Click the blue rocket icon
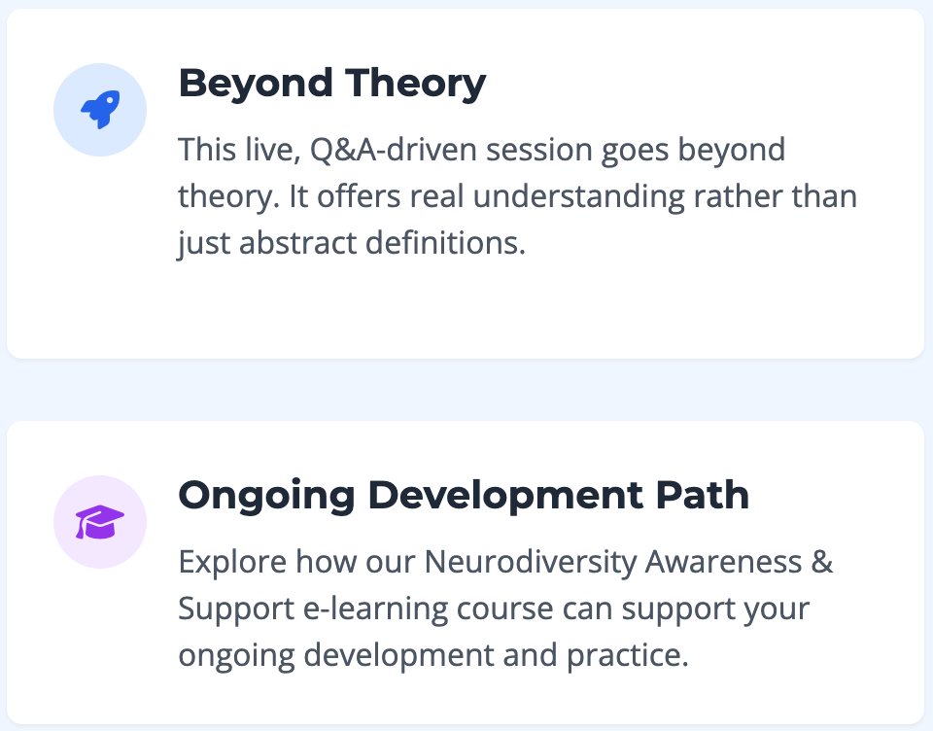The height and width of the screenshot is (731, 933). [x=100, y=110]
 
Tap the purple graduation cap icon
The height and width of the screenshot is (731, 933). [x=100, y=522]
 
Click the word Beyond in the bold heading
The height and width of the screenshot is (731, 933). [x=256, y=84]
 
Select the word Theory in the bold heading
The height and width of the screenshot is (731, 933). [x=415, y=84]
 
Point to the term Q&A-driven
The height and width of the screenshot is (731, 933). [x=394, y=150]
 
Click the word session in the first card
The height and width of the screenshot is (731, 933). [x=539, y=150]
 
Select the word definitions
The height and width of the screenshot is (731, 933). [x=446, y=243]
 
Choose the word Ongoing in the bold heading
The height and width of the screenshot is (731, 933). [x=266, y=496]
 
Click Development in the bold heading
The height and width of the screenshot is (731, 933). [x=505, y=496]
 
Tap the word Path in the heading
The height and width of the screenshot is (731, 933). [x=702, y=495]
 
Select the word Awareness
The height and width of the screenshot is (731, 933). [x=723, y=562]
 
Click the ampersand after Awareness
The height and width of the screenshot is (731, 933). [x=822, y=562]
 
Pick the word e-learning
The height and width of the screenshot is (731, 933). [x=375, y=609]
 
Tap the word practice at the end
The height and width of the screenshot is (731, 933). [x=627, y=656]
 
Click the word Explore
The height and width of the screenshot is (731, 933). [x=232, y=563]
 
